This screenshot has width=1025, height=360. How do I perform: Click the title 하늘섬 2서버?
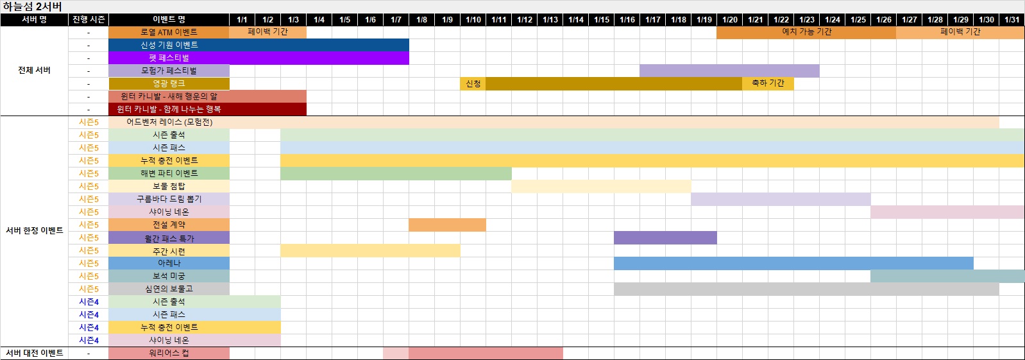32,6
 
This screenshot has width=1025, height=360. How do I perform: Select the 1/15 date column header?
601,19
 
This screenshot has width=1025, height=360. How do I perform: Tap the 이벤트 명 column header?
169,19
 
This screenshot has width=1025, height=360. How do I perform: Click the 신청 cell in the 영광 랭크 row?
473,83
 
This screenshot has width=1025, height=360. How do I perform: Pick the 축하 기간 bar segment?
768,83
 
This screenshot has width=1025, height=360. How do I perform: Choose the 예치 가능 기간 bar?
806,32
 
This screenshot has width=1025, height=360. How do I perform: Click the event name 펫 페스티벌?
169,58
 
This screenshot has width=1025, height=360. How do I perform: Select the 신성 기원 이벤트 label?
169,45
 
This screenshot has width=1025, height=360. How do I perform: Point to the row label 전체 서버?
34,71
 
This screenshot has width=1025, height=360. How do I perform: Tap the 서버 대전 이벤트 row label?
34,353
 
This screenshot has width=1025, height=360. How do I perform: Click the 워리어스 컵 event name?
169,353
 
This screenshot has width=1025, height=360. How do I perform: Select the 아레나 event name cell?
169,263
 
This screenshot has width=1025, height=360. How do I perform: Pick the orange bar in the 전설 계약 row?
447,225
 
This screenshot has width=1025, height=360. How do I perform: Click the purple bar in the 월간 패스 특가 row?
665,237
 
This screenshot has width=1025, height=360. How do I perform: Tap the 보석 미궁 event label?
169,276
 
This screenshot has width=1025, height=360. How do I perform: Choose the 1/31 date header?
1012,19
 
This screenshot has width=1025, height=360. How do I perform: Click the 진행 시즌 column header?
89,19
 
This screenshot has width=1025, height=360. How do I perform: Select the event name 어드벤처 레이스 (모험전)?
169,122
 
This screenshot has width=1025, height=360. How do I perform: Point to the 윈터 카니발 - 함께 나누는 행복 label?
169,109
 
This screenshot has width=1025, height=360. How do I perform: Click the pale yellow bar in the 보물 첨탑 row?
601,186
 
